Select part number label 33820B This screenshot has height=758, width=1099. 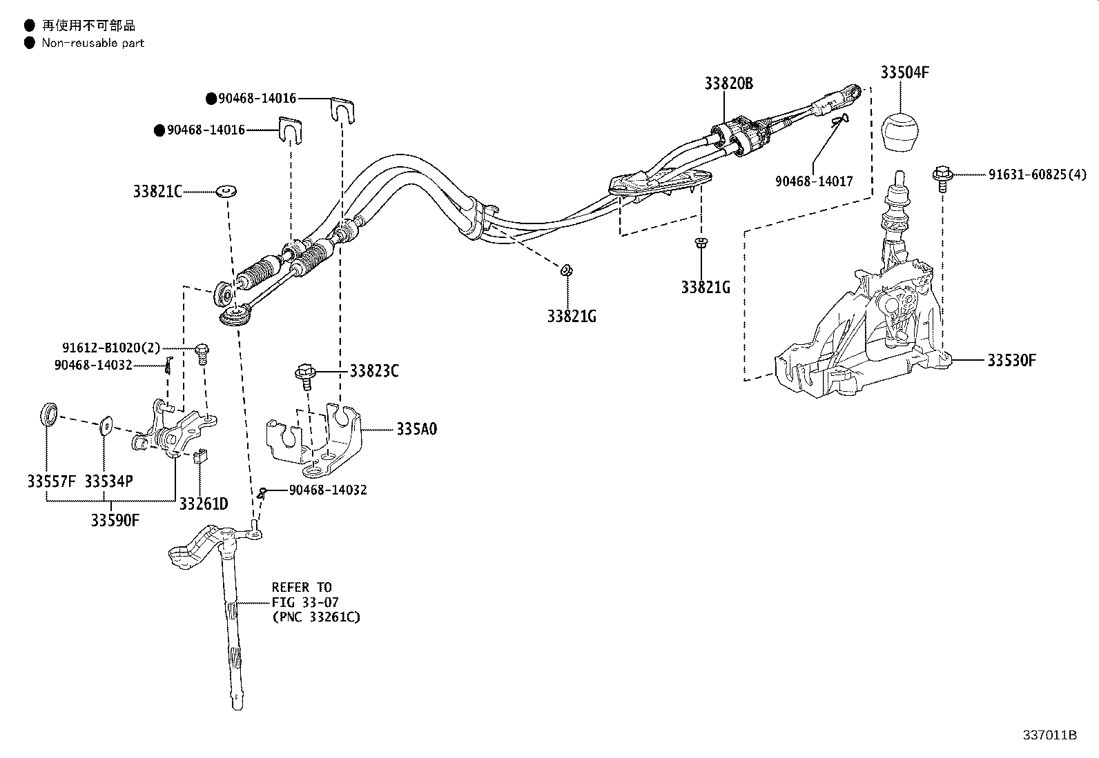[x=728, y=83]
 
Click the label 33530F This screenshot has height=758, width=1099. [x=1011, y=361]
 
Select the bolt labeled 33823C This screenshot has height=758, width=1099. [x=303, y=375]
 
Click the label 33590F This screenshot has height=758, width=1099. [x=115, y=520]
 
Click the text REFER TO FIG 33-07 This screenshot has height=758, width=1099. [x=302, y=595]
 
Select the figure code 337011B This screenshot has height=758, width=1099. [x=1049, y=735]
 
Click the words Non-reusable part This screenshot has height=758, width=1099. [x=93, y=43]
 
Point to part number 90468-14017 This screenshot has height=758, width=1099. [x=814, y=181]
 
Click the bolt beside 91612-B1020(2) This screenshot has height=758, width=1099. [x=202, y=354]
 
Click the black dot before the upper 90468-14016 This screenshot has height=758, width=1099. [x=211, y=99]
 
